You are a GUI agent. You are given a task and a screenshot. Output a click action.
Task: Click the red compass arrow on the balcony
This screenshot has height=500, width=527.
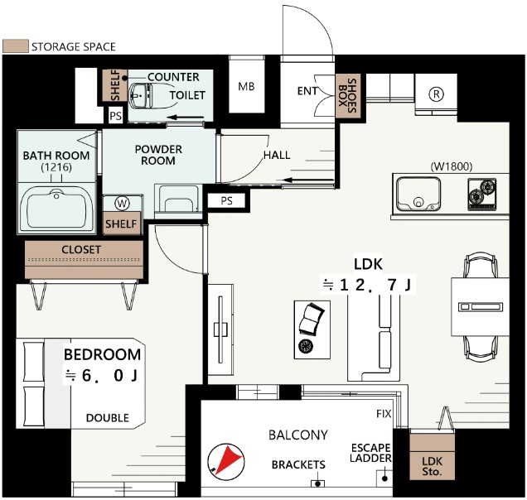coord(229,459)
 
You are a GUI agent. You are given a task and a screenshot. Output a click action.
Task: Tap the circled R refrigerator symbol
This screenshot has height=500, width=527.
coord(436,94)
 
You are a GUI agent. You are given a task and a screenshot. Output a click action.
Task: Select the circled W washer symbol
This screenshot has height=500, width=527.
coord(122,203)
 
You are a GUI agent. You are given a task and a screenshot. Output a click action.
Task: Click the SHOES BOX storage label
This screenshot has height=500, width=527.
coord(347,96)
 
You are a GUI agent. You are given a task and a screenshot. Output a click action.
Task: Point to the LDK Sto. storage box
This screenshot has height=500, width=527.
coord(432,457)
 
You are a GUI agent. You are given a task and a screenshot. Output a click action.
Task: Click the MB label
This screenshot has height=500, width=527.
coord(246,87)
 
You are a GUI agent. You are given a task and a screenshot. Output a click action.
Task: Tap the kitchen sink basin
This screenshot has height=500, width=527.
coord(418,194)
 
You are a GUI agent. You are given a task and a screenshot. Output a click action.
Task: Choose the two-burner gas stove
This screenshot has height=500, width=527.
coord(482,195)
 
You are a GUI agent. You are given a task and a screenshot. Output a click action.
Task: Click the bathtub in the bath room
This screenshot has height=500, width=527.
coord(56,208)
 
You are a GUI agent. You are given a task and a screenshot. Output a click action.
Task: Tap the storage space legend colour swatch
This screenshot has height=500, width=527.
coord(16,46)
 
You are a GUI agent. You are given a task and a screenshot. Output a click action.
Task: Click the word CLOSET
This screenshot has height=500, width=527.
coord(81,249)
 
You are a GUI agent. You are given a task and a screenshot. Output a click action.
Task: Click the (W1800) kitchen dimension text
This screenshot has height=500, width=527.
coord(452,166)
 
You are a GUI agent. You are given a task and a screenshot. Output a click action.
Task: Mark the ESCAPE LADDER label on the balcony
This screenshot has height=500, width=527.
coord(370,453)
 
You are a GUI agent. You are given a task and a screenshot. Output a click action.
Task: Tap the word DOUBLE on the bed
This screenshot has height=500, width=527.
coord(108,418)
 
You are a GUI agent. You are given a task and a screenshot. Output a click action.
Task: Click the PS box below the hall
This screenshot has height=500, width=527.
coord(227,201)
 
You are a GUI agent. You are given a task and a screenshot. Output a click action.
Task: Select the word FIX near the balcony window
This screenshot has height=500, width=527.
coord(384,414)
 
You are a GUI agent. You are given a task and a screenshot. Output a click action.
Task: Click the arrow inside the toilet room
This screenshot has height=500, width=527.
coord(186,118)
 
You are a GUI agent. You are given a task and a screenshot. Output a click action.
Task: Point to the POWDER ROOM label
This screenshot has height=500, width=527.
coord(158,155)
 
